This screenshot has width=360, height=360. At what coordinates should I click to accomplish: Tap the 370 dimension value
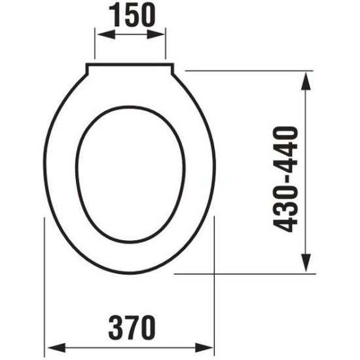point(130,325)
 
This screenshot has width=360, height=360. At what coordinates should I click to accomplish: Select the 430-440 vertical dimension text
point(286,179)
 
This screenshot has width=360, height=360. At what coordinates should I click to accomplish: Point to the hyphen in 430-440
point(286,179)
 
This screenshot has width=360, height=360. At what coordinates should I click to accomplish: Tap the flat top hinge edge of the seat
point(130,64)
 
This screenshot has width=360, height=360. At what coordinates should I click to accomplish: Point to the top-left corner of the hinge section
point(88,65)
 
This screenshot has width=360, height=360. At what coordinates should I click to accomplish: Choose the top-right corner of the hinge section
point(173,65)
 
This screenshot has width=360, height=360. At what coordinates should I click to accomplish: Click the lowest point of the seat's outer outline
point(130,273)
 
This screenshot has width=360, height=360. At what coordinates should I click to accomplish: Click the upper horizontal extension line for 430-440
point(249,70)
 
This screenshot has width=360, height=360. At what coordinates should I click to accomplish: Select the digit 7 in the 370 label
point(130,325)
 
